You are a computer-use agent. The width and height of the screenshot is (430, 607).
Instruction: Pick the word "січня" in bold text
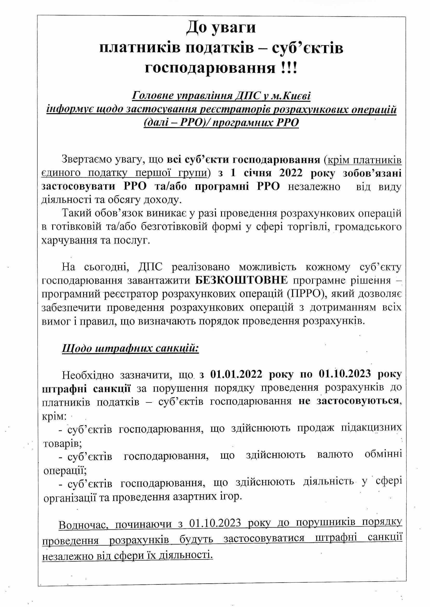click(x=253, y=173)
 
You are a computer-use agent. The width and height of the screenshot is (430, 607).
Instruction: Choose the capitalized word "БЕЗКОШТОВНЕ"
click(x=241, y=281)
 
